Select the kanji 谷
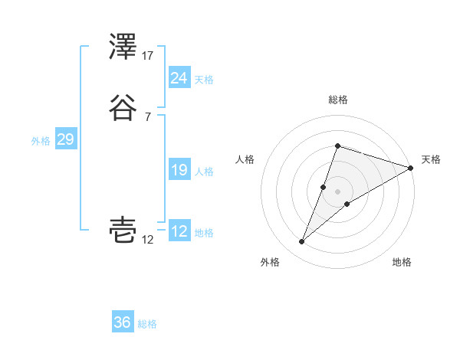123,107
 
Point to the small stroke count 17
148,56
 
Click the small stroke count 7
148,116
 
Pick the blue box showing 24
179,78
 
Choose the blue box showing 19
179,171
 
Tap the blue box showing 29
65,139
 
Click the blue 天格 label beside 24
204,80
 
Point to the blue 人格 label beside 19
204,172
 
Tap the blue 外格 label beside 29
41,141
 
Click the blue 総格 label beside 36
147,324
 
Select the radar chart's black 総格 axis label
337,100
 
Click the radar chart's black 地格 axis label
402,262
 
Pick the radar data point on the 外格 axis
302,242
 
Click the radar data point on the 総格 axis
337,146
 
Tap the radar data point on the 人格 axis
324,187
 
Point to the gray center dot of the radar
337,191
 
